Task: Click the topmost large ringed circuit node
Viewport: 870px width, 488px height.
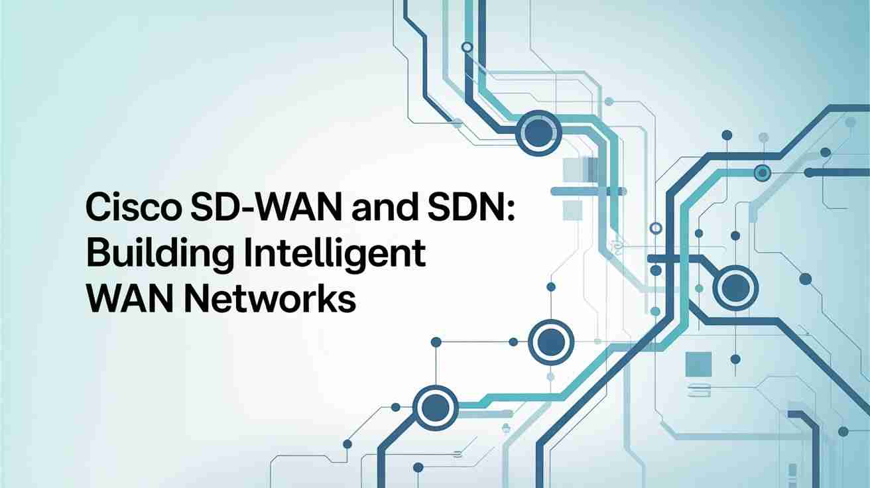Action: click(538, 133)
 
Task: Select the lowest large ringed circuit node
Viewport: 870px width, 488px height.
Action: click(436, 408)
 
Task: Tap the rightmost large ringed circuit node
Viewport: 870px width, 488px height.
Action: click(735, 288)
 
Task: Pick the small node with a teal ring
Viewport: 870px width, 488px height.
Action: click(762, 173)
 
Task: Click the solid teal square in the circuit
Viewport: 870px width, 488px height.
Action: click(698, 364)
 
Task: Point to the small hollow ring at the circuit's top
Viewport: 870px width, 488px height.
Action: click(467, 47)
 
